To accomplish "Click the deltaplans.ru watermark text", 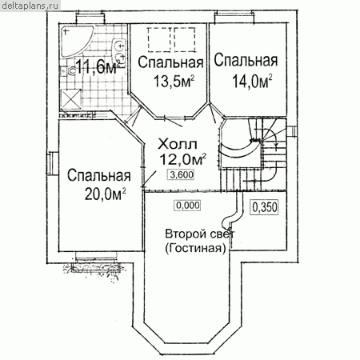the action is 30,6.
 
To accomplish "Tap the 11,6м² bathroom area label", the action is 98,67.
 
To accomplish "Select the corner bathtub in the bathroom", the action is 76,41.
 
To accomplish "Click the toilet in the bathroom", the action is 71,71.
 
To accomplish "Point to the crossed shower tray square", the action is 71,99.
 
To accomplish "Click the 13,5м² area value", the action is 174,81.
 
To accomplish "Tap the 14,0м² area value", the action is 252,81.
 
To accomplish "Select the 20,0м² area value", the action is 106,194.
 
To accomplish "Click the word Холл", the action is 178,144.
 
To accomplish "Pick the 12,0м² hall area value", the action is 182,159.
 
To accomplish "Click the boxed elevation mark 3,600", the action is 182,174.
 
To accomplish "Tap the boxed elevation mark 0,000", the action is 188,206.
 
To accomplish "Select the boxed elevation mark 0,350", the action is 265,207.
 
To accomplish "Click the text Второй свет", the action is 200,234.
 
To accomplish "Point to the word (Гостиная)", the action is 195,248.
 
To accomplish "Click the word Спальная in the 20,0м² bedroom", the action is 99,176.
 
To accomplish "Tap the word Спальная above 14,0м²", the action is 246,60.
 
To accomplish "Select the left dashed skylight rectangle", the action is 159,39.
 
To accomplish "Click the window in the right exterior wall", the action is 291,131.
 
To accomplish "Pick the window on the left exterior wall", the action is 53,163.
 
